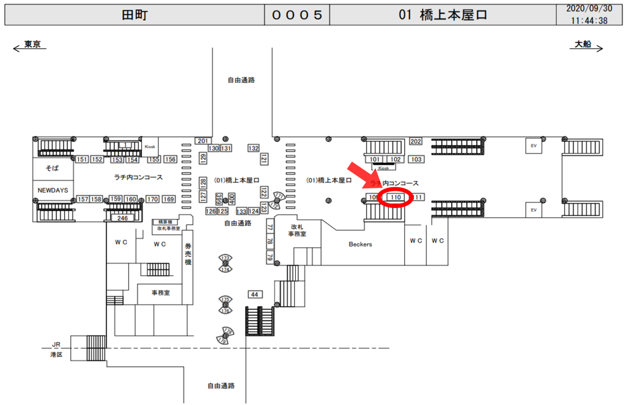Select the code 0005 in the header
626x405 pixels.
click(x=296, y=15)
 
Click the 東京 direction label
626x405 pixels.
click(x=32, y=45)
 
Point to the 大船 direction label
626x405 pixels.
click(x=583, y=45)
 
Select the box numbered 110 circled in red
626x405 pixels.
click(x=396, y=198)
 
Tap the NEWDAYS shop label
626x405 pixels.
click(x=53, y=190)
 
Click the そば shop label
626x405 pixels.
click(x=53, y=167)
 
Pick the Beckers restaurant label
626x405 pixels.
click(x=360, y=244)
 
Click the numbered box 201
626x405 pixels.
click(x=202, y=141)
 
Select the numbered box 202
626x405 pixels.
click(x=416, y=142)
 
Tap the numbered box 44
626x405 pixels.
click(x=255, y=294)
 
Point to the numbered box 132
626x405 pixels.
click(x=254, y=149)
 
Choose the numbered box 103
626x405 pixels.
click(x=416, y=160)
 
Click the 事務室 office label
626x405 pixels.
click(x=161, y=293)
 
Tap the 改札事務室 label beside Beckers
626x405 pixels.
click(x=297, y=230)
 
